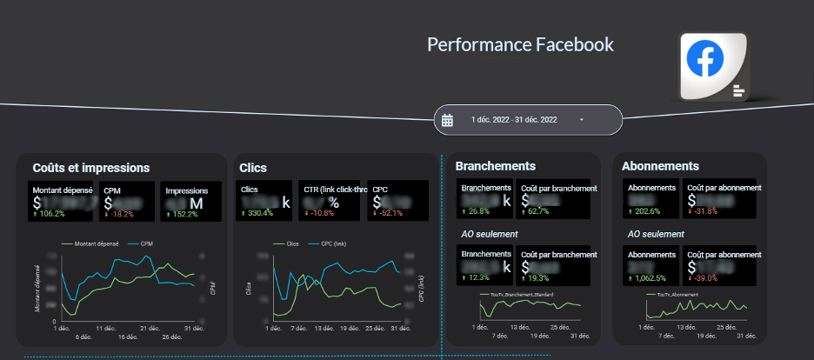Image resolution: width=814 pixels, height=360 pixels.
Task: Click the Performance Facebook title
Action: tap(520, 45)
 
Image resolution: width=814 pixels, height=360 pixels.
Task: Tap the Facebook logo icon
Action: tap(705, 59)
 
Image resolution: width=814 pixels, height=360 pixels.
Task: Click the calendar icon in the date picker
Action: tap(448, 120)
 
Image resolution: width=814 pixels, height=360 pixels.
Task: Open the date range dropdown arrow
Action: tap(581, 119)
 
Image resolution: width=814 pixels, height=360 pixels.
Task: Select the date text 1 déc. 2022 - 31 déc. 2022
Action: tap(514, 119)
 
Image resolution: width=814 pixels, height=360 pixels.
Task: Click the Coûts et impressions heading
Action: tap(91, 168)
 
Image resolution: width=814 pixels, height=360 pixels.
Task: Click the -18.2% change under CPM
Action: tap(119, 213)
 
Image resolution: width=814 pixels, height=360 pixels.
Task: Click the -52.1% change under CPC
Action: tap(387, 213)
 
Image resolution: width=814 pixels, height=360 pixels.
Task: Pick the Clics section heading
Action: tap(253, 168)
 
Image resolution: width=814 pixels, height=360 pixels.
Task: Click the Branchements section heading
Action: tap(495, 165)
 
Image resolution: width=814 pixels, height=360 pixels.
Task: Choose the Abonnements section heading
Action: tap(661, 165)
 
